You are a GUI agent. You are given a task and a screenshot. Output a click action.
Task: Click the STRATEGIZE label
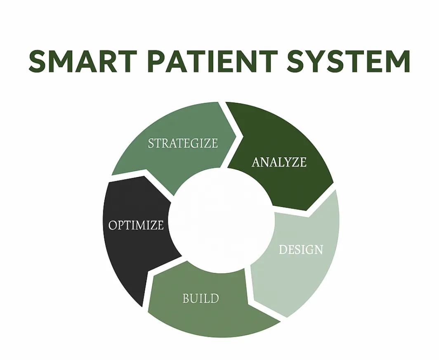[183, 143]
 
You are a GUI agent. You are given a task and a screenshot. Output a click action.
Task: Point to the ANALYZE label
[279, 162]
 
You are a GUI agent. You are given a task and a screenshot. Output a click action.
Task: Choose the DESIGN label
[301, 249]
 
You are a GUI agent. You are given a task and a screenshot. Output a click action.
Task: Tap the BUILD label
[201, 298]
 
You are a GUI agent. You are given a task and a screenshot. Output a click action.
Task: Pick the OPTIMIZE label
[136, 225]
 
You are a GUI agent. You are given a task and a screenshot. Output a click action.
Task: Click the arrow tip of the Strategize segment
[236, 136]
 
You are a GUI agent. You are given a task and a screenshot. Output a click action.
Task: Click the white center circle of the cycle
[221, 220]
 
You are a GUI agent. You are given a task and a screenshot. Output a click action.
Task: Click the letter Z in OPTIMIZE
[152, 225]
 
